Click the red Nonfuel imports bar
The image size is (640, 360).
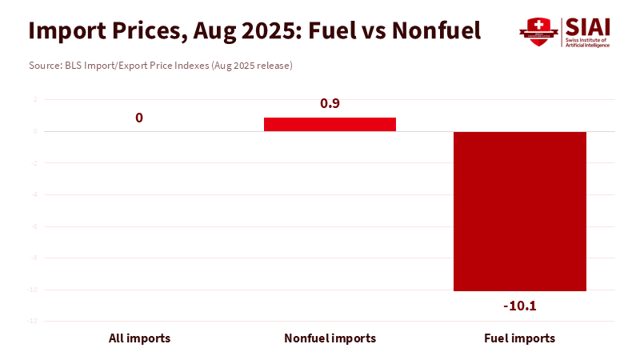(x=330, y=124)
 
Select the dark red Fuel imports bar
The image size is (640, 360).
(x=520, y=211)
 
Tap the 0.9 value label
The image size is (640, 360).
(x=330, y=104)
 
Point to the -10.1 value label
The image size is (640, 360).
(x=520, y=306)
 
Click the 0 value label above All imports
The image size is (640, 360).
(x=139, y=118)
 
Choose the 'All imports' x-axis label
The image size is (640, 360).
(x=139, y=338)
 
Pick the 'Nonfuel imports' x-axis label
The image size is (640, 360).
(x=330, y=338)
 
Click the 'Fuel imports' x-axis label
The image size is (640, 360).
(x=520, y=338)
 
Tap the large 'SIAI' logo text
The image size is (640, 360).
(x=587, y=26)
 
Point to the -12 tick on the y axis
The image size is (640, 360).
(x=33, y=321)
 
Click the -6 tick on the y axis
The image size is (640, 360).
(x=34, y=226)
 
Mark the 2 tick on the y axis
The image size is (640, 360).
(x=34, y=100)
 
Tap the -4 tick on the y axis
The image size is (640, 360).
(x=34, y=194)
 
